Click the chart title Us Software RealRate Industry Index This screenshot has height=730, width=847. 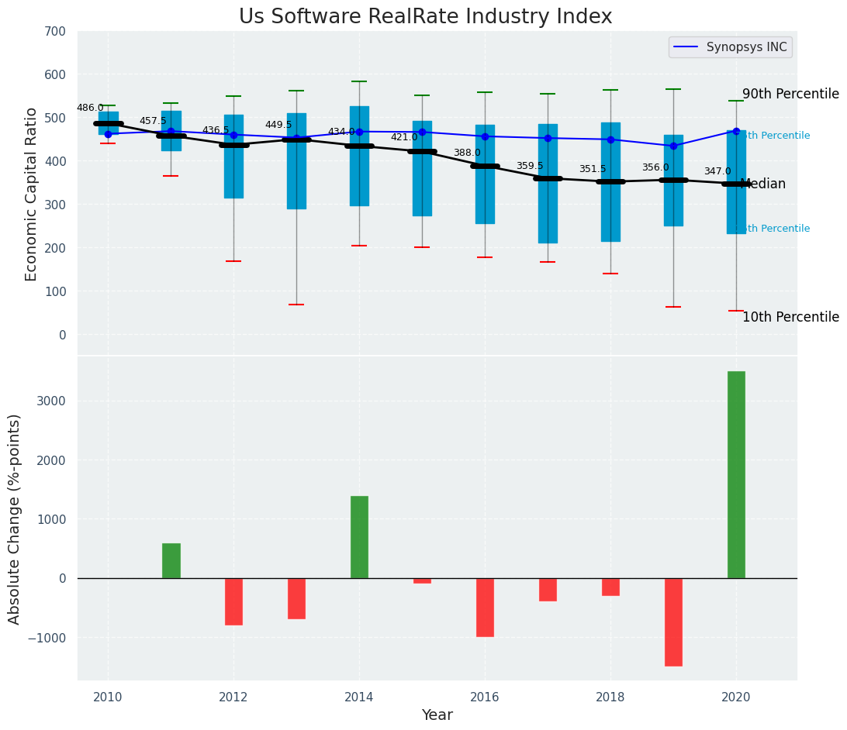pyautogui.click(x=425, y=17)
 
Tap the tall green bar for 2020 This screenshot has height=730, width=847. pyautogui.click(x=736, y=474)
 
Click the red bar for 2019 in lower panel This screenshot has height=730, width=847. pyautogui.click(x=673, y=622)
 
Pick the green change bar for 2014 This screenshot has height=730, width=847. pyautogui.click(x=359, y=537)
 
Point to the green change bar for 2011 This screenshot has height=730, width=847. pyautogui.click(x=171, y=560)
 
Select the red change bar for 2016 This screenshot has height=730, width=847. pyautogui.click(x=485, y=607)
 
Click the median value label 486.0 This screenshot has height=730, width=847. pyautogui.click(x=90, y=108)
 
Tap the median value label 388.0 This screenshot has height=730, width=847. pyautogui.click(x=467, y=153)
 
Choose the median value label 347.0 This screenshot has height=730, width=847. pyautogui.click(x=717, y=172)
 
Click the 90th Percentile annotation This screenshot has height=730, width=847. pyautogui.click(x=790, y=95)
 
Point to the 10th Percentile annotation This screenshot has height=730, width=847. pyautogui.click(x=790, y=318)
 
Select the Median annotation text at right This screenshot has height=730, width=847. pyautogui.click(x=763, y=184)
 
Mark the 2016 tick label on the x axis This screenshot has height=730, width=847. pyautogui.click(x=485, y=697)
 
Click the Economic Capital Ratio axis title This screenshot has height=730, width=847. pyautogui.click(x=32, y=195)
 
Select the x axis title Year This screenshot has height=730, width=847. pyautogui.click(x=437, y=715)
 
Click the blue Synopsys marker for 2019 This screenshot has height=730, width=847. pyautogui.click(x=673, y=146)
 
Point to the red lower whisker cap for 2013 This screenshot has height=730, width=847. pyautogui.click(x=296, y=305)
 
